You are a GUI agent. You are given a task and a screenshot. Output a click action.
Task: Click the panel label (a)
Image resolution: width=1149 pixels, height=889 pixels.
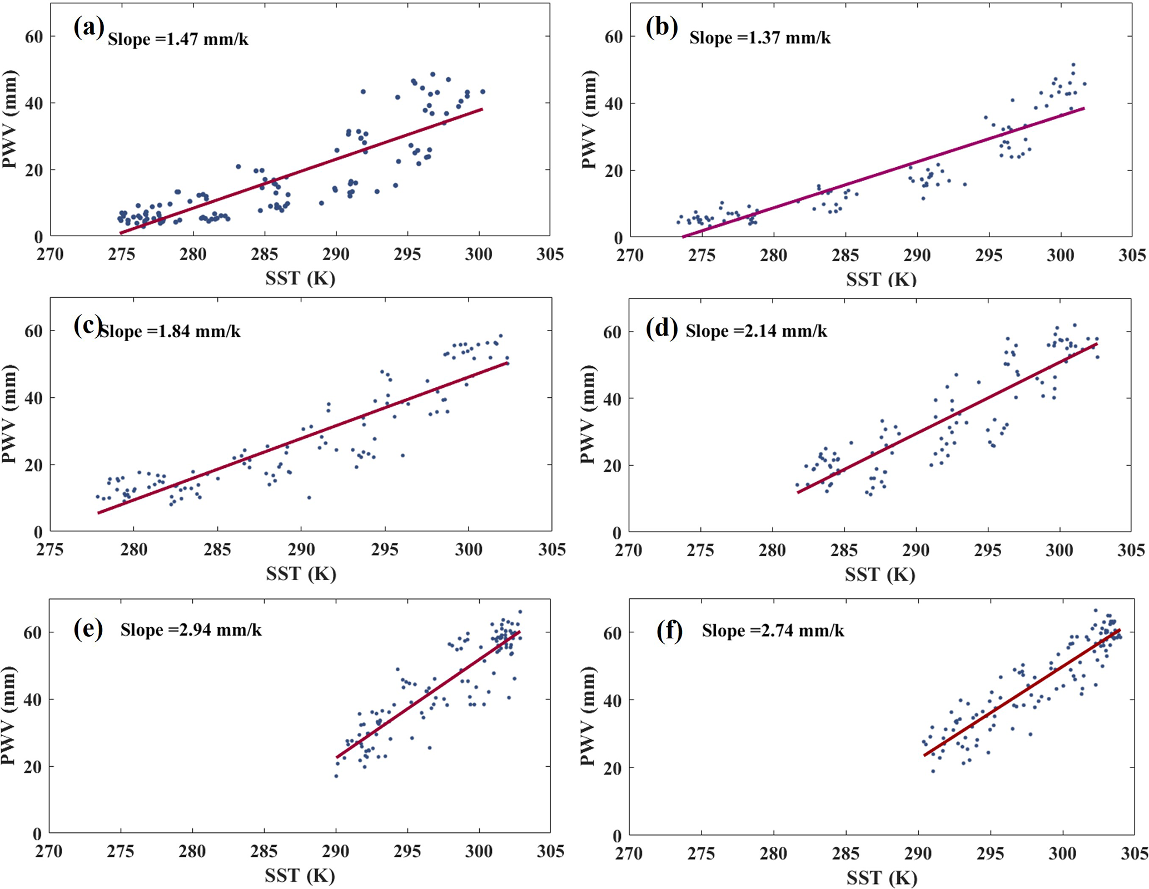88,28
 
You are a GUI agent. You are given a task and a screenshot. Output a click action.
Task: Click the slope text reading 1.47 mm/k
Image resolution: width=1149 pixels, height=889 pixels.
178,39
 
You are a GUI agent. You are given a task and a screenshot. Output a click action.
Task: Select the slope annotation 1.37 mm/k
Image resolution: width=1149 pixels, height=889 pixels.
760,38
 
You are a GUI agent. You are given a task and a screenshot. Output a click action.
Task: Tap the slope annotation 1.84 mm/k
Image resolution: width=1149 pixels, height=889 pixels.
170,332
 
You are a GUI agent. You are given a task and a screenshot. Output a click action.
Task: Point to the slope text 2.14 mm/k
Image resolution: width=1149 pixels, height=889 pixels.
756,331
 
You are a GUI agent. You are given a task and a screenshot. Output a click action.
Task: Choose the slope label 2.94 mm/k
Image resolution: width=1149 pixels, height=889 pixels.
191,630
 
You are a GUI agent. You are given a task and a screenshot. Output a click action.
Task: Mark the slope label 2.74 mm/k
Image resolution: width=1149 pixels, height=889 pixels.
773,631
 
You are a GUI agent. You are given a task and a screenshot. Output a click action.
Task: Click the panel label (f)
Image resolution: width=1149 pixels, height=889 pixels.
669,631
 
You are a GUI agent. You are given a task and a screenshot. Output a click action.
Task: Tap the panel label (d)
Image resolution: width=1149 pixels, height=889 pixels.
661,329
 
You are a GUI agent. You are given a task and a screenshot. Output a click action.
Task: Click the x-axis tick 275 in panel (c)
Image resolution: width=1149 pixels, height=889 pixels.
50,550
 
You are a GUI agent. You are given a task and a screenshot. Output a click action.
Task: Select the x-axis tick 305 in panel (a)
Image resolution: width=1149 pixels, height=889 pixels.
550,254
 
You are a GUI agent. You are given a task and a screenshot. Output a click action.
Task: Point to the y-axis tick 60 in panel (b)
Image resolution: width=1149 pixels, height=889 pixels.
613,37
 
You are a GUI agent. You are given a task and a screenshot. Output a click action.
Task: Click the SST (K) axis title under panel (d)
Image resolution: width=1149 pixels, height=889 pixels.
880,575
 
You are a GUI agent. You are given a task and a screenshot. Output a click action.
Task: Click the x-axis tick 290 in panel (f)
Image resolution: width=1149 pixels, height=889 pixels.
918,853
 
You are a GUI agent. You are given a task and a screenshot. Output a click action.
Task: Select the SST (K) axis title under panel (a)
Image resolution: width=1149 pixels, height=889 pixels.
300,278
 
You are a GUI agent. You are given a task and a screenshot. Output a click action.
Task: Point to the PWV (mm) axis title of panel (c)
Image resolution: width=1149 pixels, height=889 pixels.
9,414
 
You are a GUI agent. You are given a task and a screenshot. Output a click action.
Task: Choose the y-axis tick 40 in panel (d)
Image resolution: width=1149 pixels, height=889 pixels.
612,399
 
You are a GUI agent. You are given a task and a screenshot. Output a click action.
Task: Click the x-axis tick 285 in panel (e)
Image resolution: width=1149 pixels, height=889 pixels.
264,852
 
